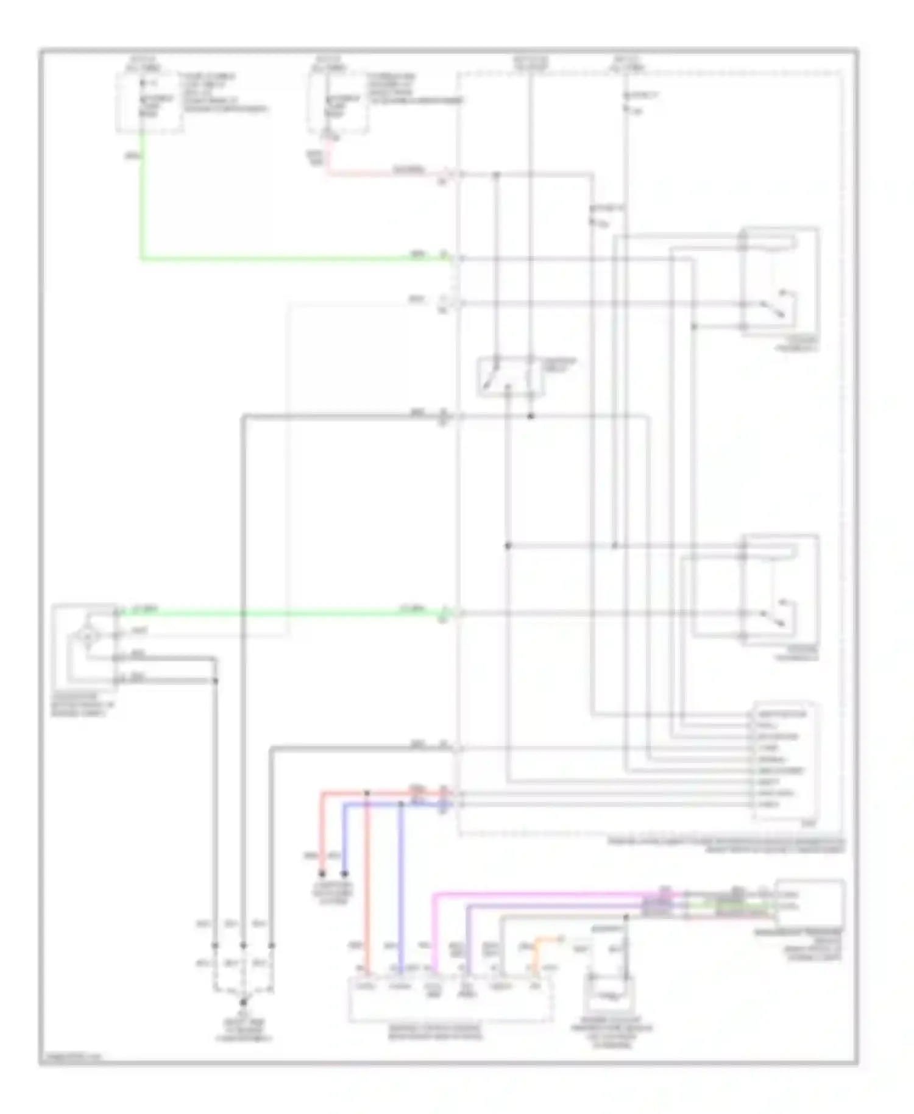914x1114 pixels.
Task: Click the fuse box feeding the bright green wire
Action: click(149, 102)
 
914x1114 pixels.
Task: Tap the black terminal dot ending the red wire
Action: click(322, 873)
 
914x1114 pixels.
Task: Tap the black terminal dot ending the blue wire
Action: click(344, 873)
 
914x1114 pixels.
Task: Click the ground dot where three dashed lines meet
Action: click(243, 1002)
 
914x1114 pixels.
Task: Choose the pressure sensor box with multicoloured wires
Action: click(809, 903)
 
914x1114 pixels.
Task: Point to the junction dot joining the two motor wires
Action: click(214, 680)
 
